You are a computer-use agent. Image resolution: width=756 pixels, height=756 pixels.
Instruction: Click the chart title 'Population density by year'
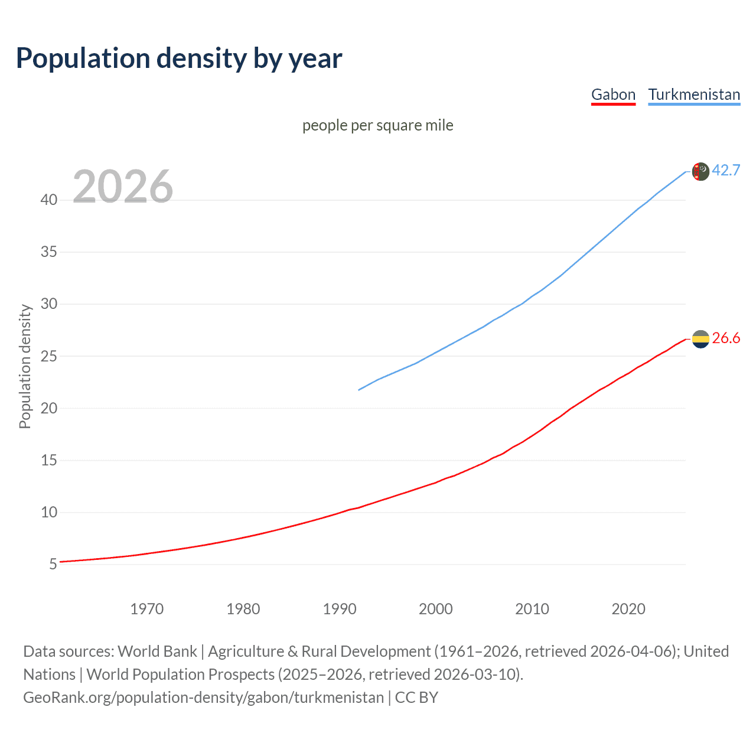179,58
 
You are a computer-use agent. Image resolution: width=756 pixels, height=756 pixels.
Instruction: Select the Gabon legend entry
613,94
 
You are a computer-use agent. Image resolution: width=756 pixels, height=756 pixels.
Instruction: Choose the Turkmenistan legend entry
694,94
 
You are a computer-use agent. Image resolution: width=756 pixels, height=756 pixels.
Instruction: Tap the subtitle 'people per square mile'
378,125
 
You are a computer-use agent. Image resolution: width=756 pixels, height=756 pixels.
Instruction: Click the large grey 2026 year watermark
123,187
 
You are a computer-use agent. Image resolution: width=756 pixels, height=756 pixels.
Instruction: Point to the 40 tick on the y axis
49,200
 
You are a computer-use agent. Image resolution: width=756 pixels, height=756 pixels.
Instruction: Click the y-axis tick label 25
49,356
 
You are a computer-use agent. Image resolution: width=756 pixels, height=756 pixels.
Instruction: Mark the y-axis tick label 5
53,565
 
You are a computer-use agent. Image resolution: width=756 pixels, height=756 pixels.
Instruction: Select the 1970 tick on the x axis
147,609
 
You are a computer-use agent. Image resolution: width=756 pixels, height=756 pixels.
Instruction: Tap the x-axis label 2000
436,609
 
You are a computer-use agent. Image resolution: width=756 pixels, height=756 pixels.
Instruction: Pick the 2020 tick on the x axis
628,609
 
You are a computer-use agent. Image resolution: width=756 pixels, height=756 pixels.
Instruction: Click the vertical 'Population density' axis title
25,366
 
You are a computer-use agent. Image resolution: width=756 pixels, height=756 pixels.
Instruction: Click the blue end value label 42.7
726,170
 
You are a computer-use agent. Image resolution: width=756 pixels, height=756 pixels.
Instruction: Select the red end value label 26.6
726,338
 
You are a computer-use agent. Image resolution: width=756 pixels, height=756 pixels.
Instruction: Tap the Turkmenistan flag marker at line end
700,171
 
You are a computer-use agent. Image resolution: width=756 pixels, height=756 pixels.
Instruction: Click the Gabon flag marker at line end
700,339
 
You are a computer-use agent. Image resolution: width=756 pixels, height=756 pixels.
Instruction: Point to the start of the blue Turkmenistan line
359,390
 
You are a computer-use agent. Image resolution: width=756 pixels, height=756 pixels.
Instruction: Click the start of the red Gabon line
61,562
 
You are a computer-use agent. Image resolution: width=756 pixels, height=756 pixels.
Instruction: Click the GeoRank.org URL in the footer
204,698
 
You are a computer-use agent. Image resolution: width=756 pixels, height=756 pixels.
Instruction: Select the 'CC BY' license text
416,698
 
